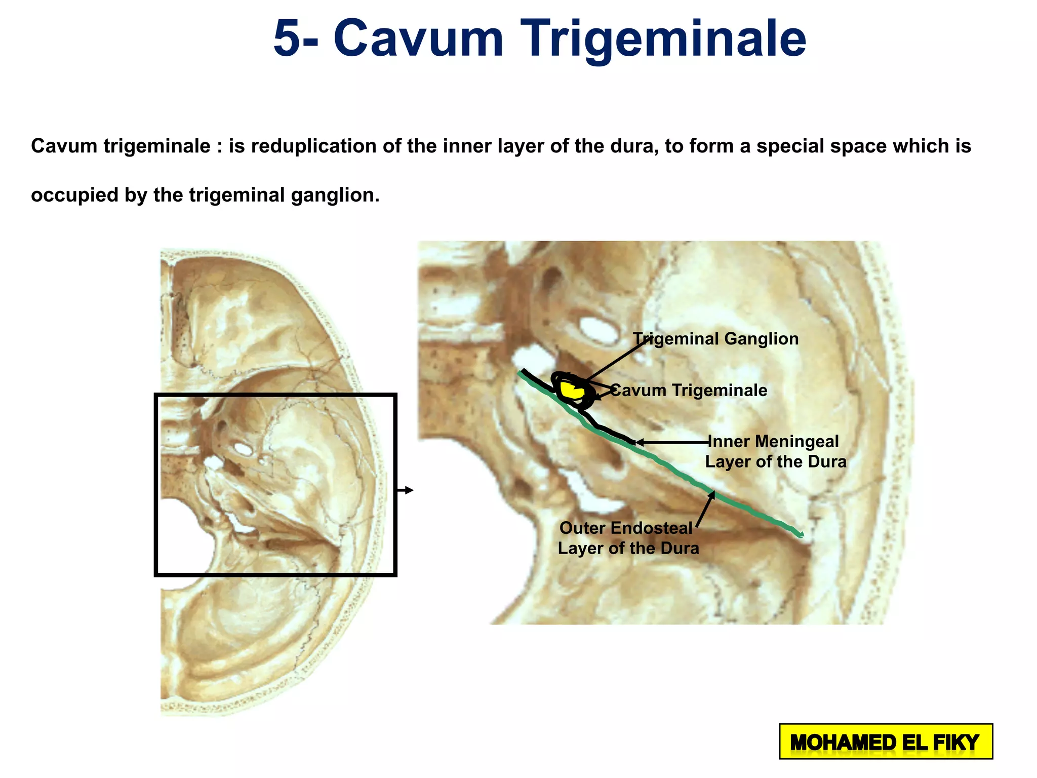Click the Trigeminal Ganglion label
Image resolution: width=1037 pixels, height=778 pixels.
pyautogui.click(x=715, y=339)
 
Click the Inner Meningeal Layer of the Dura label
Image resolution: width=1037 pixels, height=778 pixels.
pyautogui.click(x=775, y=451)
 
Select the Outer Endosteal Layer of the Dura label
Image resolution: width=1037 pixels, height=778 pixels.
pyautogui.click(x=628, y=538)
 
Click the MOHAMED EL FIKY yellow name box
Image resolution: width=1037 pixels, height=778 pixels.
pyautogui.click(x=886, y=742)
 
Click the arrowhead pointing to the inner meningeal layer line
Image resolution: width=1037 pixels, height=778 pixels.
pyautogui.click(x=640, y=442)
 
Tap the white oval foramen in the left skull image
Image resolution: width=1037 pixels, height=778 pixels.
pyautogui.click(x=244, y=449)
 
